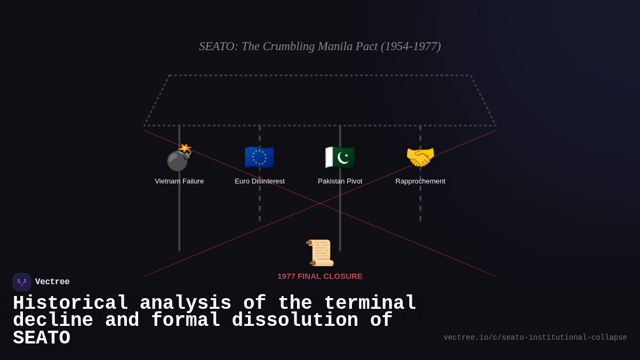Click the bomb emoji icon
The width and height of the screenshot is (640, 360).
point(179,158)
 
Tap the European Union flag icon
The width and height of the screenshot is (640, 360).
point(259,158)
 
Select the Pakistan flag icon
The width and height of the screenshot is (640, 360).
point(340,158)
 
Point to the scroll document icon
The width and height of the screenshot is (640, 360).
point(320,253)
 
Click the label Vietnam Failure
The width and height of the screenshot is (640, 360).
point(179,181)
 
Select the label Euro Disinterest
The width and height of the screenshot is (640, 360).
point(260,181)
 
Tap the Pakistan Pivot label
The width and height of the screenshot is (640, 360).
point(340,181)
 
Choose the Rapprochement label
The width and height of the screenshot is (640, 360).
point(420,181)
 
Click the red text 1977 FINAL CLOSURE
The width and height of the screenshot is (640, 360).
point(320,276)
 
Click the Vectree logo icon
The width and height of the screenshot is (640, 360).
point(22,282)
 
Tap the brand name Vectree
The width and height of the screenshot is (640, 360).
point(52,282)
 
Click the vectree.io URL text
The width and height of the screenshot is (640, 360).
point(535,338)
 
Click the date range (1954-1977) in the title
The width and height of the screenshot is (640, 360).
point(411,46)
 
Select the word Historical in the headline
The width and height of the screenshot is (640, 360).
point(70,303)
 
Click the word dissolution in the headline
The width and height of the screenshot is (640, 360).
point(295,321)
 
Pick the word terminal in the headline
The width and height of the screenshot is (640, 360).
point(370,303)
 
